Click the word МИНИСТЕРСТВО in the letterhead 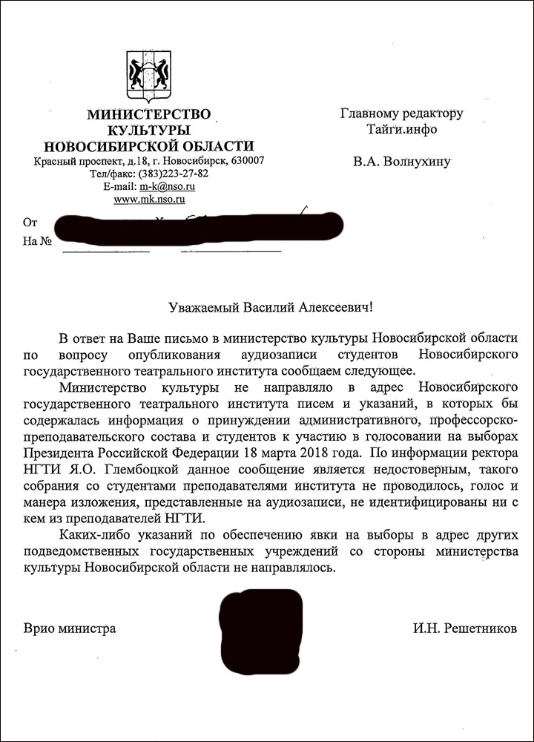148,114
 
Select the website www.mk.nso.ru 148,199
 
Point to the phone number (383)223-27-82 172,174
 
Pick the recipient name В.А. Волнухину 401,161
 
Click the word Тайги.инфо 401,129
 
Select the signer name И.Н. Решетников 464,629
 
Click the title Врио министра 70,629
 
